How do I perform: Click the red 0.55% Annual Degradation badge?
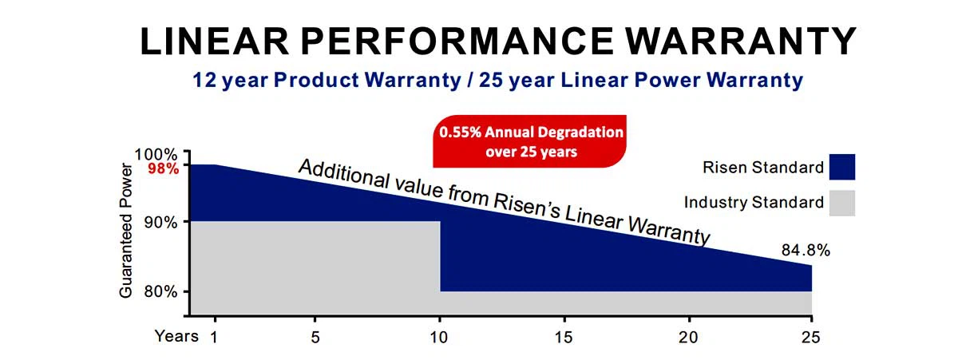[528, 140]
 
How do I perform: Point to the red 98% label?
[163, 168]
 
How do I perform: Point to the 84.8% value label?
[806, 251]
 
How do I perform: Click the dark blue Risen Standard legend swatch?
[841, 168]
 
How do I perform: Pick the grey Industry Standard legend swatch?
[841, 203]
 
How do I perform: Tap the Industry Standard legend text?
[754, 203]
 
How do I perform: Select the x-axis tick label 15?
[564, 337]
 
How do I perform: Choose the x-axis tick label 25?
[812, 337]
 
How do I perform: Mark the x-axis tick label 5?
[315, 337]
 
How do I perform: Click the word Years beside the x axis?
[176, 336]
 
